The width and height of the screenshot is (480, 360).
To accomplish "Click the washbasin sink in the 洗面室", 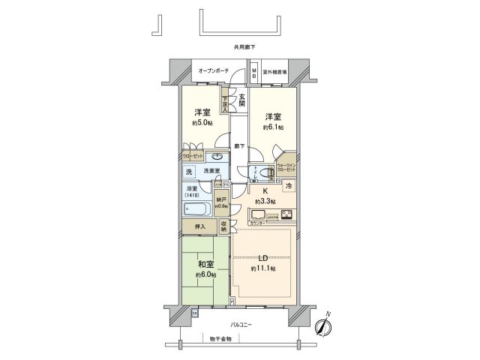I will [x=217, y=157].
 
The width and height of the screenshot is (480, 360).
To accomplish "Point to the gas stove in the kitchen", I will [x=286, y=215].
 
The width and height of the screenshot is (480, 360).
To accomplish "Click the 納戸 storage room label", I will [x=221, y=200].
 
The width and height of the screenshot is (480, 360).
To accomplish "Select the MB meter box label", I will [x=254, y=73].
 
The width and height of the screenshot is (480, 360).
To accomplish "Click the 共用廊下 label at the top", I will [x=244, y=47].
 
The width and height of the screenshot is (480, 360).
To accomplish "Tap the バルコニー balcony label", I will [x=240, y=324].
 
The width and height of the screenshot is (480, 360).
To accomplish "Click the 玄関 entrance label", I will [x=241, y=98].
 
